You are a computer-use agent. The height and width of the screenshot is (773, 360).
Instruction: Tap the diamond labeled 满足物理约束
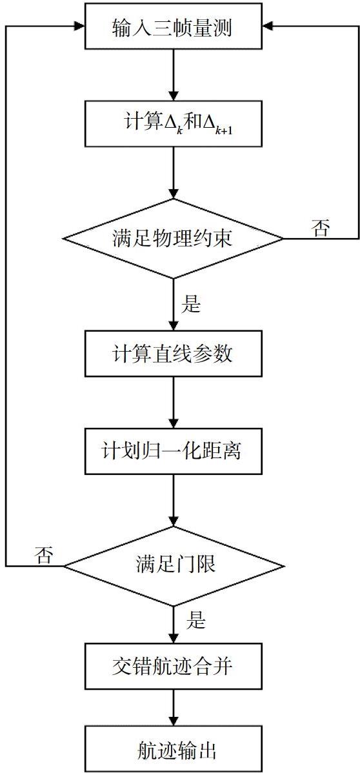point(173,239)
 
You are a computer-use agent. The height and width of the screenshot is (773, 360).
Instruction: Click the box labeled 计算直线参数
point(173,354)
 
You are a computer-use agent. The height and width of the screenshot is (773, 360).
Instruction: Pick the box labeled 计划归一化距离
point(173,451)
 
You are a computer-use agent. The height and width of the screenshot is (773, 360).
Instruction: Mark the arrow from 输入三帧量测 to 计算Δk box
point(173,74)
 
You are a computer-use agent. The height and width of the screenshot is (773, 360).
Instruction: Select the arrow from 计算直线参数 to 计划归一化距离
point(173,402)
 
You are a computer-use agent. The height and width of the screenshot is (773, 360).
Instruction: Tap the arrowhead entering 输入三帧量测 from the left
point(79,26)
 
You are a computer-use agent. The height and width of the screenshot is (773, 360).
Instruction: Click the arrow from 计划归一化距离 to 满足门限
point(173,500)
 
